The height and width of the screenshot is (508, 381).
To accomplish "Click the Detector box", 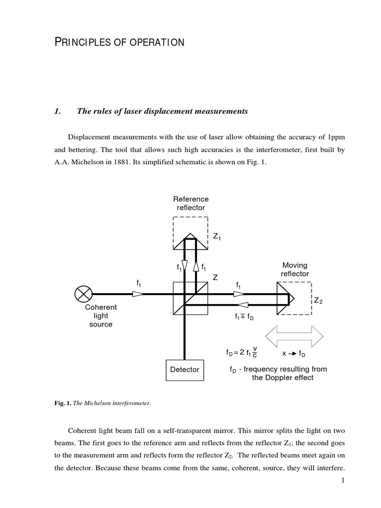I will pos(185,369).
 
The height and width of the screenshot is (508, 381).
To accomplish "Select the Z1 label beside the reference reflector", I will pos(217,237).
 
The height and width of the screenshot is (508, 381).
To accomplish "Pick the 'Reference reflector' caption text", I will pos(190,203).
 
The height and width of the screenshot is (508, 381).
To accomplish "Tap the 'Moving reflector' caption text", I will pos(295,269).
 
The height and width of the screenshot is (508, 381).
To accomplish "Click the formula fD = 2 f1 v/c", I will pos(242,353).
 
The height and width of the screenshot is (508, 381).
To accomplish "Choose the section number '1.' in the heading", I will pos(57,111).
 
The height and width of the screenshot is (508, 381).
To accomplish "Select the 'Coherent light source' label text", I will pos(101,316).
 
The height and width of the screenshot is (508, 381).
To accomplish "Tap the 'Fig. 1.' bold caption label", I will pos(63,403).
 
